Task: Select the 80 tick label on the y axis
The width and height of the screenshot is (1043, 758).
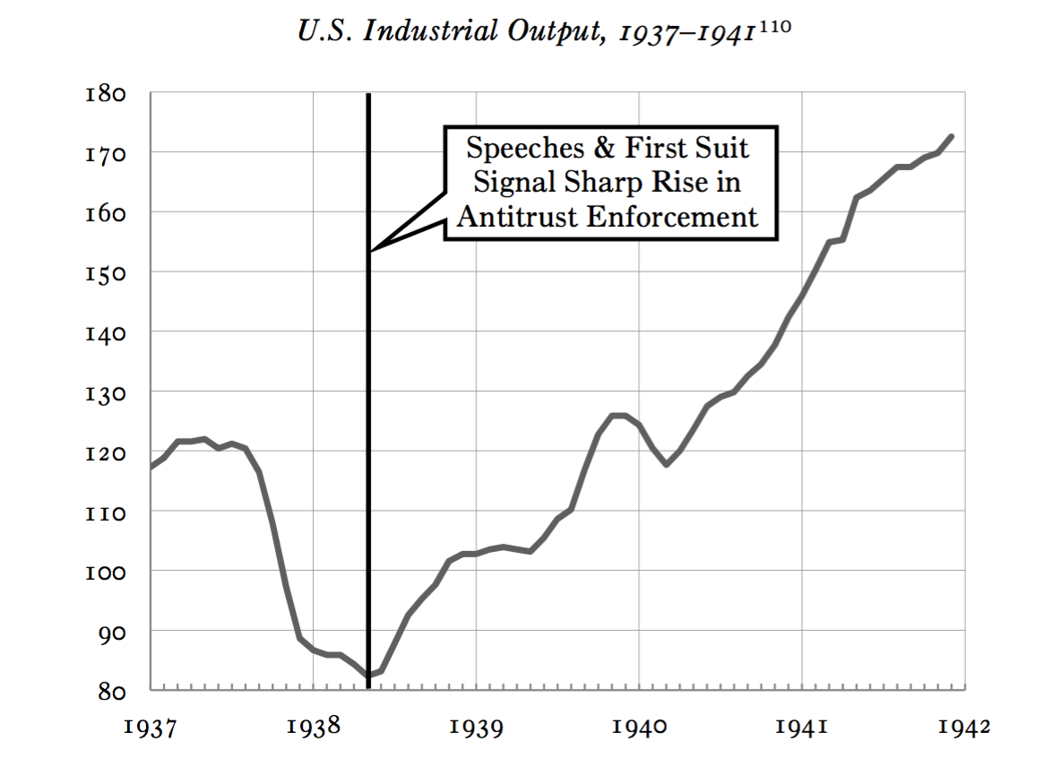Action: (x=111, y=692)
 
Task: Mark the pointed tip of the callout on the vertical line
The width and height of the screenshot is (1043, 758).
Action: (x=370, y=251)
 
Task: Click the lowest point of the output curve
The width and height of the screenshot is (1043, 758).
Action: (x=368, y=675)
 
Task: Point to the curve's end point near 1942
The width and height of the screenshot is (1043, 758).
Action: (x=951, y=136)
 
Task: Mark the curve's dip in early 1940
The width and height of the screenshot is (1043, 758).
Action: (x=666, y=464)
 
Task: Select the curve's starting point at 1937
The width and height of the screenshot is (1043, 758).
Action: (x=151, y=468)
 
